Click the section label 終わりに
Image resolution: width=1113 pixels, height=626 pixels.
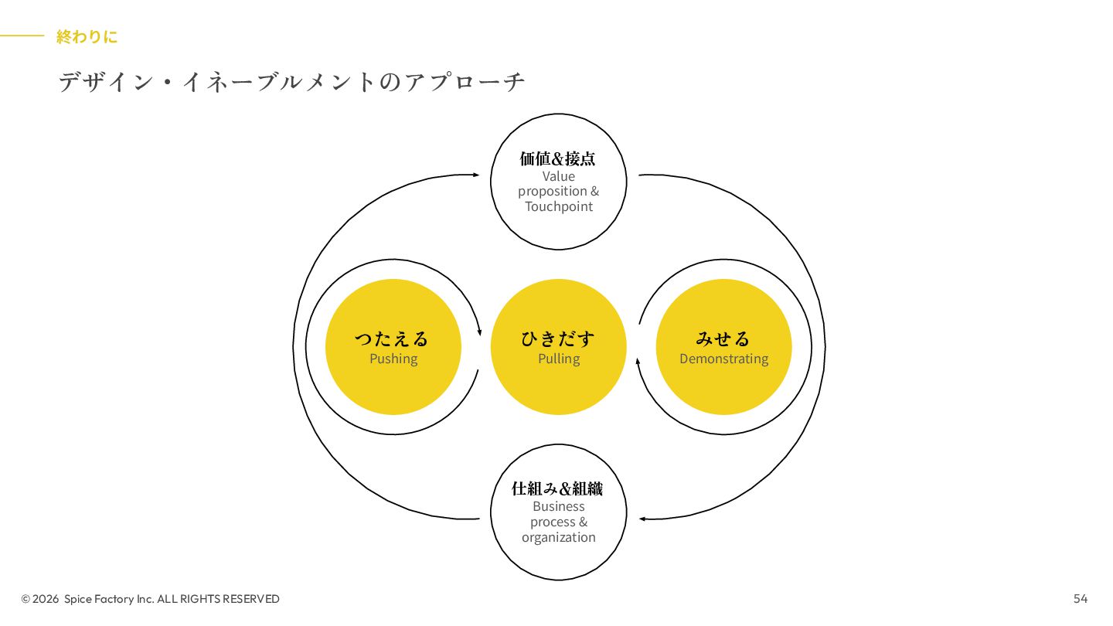pyautogui.click(x=87, y=36)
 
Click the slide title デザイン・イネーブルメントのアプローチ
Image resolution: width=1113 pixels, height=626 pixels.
pyautogui.click(x=291, y=81)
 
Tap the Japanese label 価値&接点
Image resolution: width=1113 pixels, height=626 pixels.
pyautogui.click(x=558, y=158)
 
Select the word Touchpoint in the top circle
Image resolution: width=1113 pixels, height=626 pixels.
pyautogui.click(x=559, y=206)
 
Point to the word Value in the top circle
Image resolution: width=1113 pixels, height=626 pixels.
pyautogui.click(x=558, y=176)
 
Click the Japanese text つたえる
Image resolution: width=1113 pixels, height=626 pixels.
pyautogui.click(x=392, y=339)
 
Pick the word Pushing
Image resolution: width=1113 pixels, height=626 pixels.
pyautogui.click(x=393, y=359)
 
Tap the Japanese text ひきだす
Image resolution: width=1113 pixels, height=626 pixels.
pyautogui.click(x=558, y=339)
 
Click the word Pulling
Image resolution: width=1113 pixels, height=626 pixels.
pyautogui.click(x=559, y=359)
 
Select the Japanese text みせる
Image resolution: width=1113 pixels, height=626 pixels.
pyautogui.click(x=723, y=339)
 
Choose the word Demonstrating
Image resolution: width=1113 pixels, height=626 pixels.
pyautogui.click(x=723, y=359)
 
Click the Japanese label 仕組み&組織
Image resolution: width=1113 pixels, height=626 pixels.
pyautogui.click(x=558, y=488)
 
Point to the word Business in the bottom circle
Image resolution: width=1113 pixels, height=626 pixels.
pyautogui.click(x=558, y=506)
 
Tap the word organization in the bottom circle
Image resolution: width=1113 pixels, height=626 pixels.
pyautogui.click(x=558, y=537)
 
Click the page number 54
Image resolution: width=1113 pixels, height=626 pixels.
pyautogui.click(x=1080, y=599)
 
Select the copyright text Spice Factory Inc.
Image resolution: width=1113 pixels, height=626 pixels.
pyautogui.click(x=109, y=599)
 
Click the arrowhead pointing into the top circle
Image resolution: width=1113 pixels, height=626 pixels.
pyautogui.click(x=476, y=175)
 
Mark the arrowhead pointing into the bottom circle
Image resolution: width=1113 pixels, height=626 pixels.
pyautogui.click(x=642, y=519)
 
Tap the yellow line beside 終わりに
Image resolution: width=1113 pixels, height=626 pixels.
pyautogui.click(x=22, y=36)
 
